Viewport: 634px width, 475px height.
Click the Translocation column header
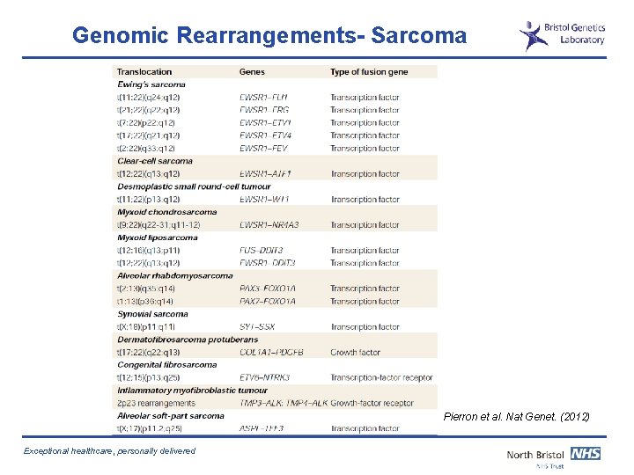(x=144, y=72)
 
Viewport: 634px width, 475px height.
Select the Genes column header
(x=252, y=72)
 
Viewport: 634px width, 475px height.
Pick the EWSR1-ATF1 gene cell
(x=266, y=174)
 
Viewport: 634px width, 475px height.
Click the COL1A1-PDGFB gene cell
(x=272, y=353)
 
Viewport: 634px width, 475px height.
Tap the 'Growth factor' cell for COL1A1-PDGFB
(x=356, y=353)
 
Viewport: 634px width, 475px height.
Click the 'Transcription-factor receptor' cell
(x=381, y=378)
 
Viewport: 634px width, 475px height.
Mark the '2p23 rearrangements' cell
(x=157, y=403)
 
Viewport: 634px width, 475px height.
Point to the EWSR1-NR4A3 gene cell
(x=269, y=225)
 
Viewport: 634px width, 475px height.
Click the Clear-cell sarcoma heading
(x=155, y=161)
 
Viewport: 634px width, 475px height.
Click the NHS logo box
(x=585, y=454)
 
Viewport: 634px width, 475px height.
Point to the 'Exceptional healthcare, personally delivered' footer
(x=110, y=451)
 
